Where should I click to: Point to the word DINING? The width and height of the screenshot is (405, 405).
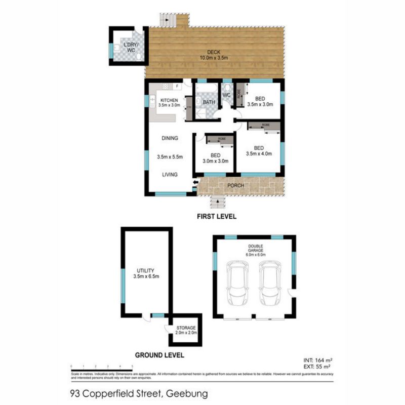click(170, 138)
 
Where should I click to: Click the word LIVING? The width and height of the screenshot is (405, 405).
click(170, 175)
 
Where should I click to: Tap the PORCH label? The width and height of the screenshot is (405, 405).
click(235, 186)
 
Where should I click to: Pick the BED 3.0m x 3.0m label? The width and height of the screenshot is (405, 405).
click(215, 158)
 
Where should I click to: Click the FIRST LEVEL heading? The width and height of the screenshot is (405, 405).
click(216, 216)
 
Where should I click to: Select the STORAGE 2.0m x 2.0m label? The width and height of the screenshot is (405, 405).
click(185, 331)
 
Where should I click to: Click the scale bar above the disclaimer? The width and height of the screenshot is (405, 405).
click(102, 366)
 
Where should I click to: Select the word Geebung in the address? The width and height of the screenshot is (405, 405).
click(184, 393)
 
